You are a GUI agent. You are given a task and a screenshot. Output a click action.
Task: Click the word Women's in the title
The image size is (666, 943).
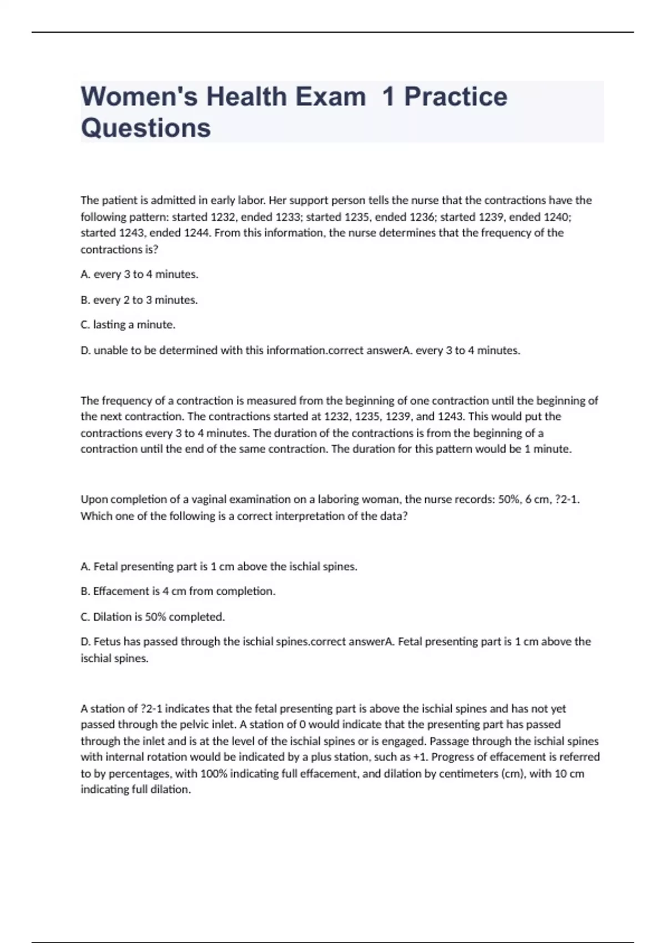coord(139,97)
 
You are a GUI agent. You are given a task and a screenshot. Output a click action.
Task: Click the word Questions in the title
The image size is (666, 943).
coord(146,128)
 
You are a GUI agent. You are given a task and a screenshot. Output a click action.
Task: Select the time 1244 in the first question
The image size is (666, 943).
coord(196,233)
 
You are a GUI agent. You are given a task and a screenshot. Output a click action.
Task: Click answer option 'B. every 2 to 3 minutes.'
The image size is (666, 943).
coord(139,300)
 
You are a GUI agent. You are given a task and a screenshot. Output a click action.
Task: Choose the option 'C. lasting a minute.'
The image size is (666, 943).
coord(128,325)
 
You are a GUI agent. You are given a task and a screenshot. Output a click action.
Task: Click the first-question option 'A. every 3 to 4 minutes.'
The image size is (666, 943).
coord(139,275)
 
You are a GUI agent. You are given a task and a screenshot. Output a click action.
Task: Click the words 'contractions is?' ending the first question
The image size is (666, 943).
coord(119,250)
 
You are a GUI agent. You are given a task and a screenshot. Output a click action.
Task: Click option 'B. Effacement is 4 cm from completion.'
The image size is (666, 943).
coord(178,591)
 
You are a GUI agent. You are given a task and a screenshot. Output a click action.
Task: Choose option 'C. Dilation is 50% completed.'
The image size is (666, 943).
coord(153,617)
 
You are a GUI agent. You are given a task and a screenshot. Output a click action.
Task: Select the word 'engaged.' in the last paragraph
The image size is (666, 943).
coord(404,741)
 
